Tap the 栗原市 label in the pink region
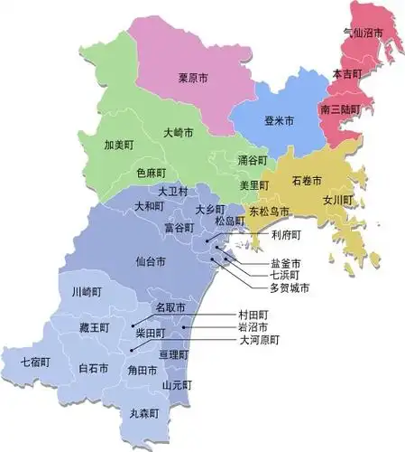pyautogui.click(x=193, y=80)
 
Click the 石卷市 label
pyautogui.click(x=308, y=181)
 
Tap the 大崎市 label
pyautogui.click(x=180, y=133)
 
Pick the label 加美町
pyautogui.click(x=120, y=145)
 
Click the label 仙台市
pyautogui.click(x=150, y=261)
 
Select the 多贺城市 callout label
pyautogui.click(x=290, y=288)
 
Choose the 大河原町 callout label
pyautogui.click(x=259, y=341)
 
